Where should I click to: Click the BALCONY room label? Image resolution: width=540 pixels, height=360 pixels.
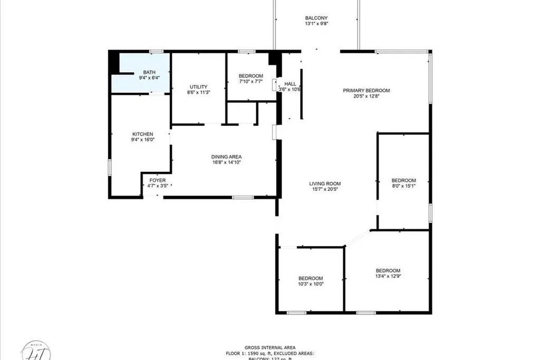point(316,17)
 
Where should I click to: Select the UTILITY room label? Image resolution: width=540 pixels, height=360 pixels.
point(199,87)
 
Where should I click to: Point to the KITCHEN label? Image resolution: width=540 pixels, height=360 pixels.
point(142,134)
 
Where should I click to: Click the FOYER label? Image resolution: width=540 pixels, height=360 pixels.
point(157,180)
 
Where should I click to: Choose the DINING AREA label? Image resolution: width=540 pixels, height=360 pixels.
point(226,157)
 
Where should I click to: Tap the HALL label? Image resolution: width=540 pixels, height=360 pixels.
point(290,83)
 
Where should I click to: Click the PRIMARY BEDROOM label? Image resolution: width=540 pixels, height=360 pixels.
point(367,90)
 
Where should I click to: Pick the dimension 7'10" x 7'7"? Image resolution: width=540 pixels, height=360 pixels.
point(250,82)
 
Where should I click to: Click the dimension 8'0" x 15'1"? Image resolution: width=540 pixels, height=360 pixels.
point(403,186)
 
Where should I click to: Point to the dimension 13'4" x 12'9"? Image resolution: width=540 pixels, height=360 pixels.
point(388,276)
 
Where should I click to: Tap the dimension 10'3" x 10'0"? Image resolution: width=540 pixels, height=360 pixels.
point(311,284)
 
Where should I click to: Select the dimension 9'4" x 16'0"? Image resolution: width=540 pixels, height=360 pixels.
point(142,140)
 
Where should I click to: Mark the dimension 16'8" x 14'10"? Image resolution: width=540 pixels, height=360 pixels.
point(226,162)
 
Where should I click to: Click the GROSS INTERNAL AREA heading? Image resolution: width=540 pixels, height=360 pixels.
point(269,347)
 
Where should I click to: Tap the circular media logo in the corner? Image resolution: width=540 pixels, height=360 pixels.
point(36,350)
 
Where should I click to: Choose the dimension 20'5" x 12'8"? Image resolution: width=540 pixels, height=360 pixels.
point(367,96)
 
